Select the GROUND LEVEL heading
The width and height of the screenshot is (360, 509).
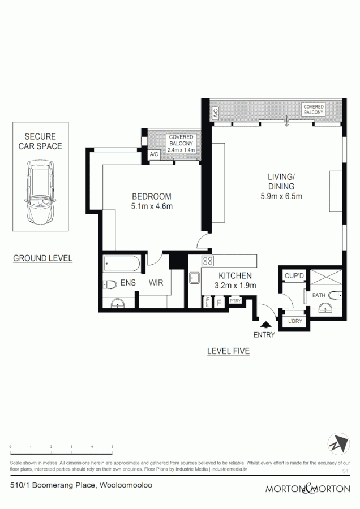42,258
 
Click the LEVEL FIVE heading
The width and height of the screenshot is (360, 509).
228,351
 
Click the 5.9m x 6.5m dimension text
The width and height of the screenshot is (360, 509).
281,197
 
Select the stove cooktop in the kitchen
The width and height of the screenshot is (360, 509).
208,262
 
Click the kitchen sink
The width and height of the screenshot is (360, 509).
194,278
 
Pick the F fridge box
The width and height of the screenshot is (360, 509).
218,303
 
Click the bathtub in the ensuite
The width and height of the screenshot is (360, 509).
122,265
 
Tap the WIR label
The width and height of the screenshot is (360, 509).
156,283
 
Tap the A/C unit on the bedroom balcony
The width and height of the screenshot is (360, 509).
153,154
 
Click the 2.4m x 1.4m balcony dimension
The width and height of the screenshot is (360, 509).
181,150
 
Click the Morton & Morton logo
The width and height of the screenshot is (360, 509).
308,488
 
